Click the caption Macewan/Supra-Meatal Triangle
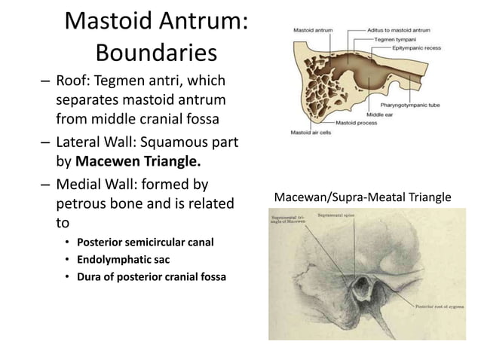(x=363, y=197)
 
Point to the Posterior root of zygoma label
(x=444, y=307)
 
